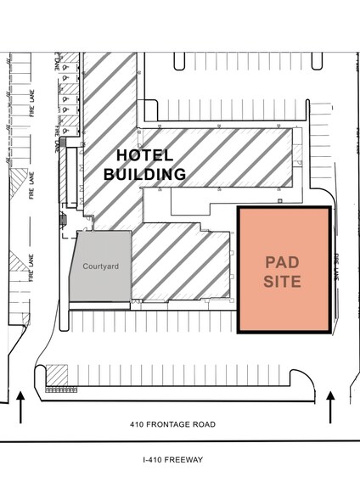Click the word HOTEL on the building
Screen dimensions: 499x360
point(144,155)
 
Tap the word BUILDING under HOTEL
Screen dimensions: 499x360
point(144,174)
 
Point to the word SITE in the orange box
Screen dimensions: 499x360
point(282,281)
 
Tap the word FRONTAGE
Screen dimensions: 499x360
point(172,424)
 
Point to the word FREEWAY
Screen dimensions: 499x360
point(187,459)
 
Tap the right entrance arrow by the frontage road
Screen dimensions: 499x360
point(331,406)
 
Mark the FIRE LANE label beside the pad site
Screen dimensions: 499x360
point(336,266)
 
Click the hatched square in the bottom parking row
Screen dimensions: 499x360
point(58,374)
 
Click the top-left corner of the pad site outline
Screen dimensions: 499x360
point(237,207)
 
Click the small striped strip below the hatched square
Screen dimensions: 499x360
point(58,390)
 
